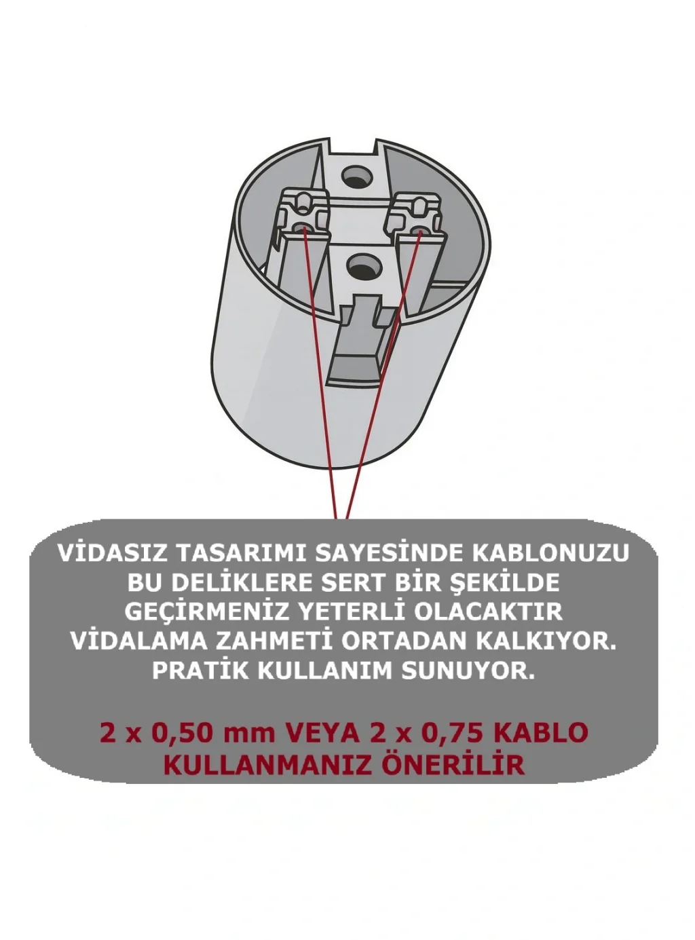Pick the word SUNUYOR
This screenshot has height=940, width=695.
[x=469, y=671]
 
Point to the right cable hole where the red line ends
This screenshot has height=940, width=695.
[x=419, y=231]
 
